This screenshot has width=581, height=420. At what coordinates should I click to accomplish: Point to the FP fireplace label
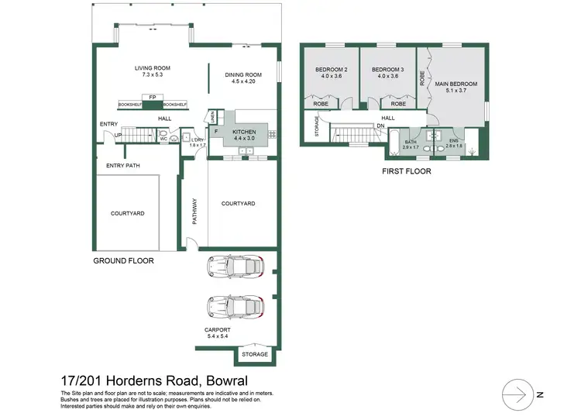point(153,97)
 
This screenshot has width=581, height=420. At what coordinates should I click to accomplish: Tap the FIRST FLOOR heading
point(407,170)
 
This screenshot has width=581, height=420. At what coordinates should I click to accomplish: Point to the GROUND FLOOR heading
point(124,260)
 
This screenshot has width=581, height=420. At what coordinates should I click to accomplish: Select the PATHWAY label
point(194,212)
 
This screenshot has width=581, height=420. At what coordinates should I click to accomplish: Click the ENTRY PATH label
point(123,165)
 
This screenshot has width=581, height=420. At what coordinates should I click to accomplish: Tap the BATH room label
point(411,143)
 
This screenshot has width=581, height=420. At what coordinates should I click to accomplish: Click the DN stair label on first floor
point(380,126)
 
